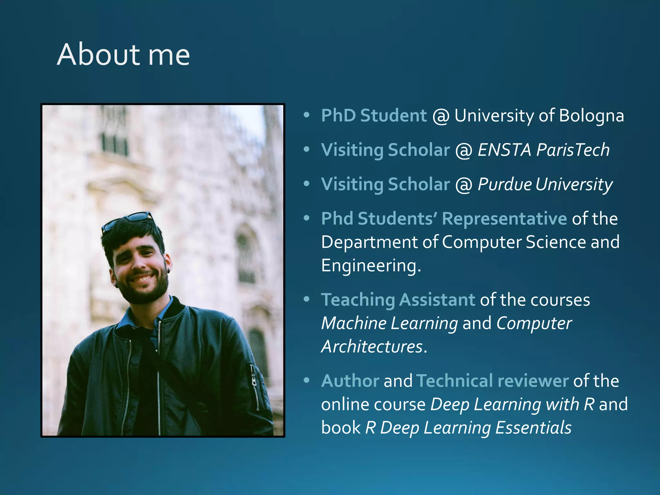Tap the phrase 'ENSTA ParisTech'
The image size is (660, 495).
click(543, 150)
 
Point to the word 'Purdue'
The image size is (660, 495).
click(504, 184)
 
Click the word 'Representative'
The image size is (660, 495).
click(504, 218)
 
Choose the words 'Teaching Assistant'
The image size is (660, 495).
click(398, 300)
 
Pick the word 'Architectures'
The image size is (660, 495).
click(372, 347)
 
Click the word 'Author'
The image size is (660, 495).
click(350, 381)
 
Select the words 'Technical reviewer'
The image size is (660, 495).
click(492, 381)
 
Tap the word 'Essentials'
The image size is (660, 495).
click(533, 428)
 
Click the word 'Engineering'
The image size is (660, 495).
click(369, 266)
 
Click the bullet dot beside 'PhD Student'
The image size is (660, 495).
click(306, 115)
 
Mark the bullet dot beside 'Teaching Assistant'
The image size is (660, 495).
click(306, 299)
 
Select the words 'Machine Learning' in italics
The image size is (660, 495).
click(389, 323)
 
